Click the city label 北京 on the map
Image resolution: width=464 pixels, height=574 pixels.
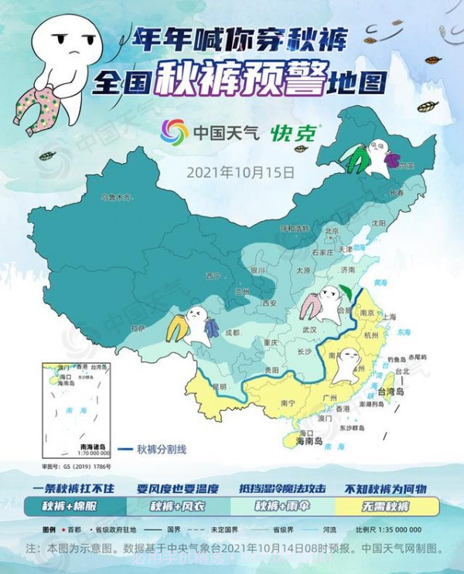click(333, 230)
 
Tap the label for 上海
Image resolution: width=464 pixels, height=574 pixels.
click(388, 317)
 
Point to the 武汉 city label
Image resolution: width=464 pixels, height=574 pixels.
click(309, 328)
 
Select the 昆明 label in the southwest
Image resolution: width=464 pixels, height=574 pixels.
click(220, 385)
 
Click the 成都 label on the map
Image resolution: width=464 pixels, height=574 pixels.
click(233, 333)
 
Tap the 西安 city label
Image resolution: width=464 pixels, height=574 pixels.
click(269, 304)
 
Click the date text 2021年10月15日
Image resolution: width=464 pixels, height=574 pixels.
click(241, 172)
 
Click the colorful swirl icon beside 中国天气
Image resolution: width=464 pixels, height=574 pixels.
click(174, 132)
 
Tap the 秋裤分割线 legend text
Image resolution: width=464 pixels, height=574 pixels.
click(162, 450)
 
